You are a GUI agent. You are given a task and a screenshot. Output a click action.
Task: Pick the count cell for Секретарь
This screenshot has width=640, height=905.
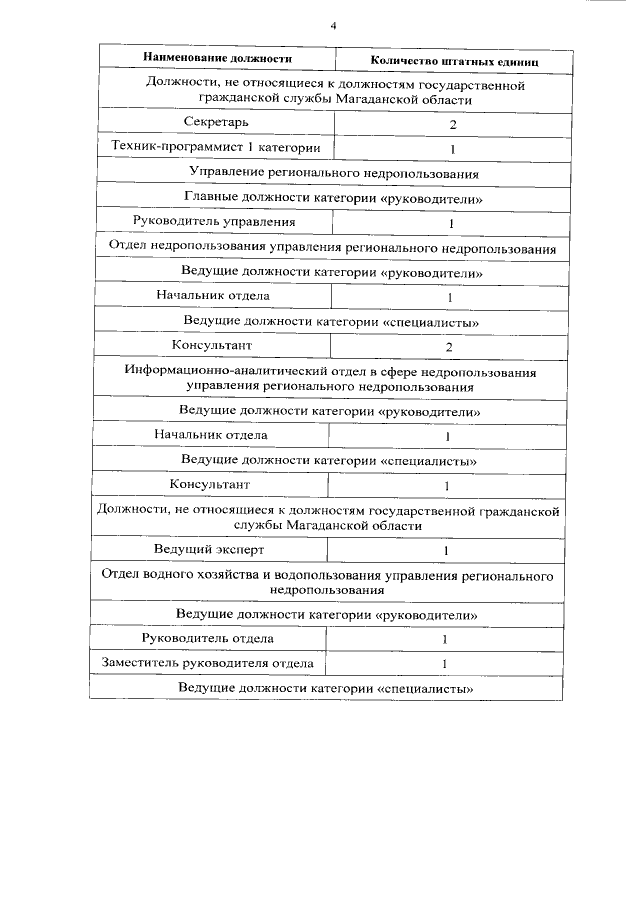pos(452,125)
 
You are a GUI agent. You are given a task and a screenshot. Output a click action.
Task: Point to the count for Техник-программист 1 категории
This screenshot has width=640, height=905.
pos(452,149)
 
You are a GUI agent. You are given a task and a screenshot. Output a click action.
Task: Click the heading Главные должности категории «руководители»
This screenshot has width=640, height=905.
pos(334,199)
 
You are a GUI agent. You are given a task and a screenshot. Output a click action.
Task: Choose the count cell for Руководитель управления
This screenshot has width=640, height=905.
pos(451,223)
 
